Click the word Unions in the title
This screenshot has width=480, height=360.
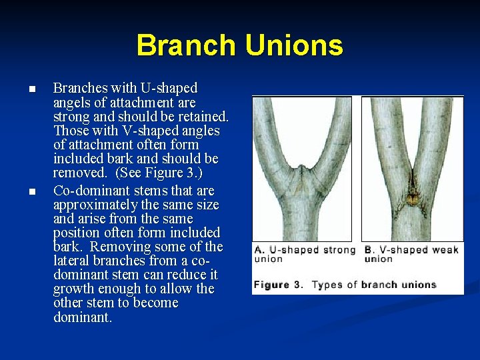click(293, 45)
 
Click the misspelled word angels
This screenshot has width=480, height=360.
click(73, 102)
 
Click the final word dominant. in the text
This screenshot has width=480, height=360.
click(83, 317)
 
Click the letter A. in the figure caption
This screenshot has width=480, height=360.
click(259, 250)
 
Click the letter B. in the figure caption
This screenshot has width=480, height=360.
click(369, 250)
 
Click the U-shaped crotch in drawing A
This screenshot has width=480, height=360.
click(302, 163)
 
